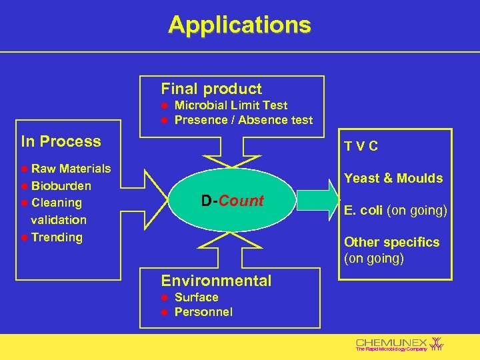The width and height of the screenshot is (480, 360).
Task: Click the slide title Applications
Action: pyautogui.click(x=239, y=25)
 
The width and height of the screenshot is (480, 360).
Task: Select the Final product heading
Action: pyautogui.click(x=211, y=89)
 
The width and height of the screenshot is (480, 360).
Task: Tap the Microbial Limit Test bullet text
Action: pyautogui.click(x=231, y=105)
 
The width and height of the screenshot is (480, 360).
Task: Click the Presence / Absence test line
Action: pyautogui.click(x=243, y=120)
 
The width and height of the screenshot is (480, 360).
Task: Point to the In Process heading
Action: pyautogui.click(x=61, y=141)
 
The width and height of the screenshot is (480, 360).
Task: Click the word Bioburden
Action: pyautogui.click(x=61, y=185)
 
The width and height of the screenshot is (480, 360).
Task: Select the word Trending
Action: pyautogui.click(x=57, y=237)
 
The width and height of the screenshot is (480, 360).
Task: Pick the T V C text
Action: pyautogui.click(x=361, y=147)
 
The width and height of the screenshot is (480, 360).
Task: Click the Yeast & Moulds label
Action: pyautogui.click(x=393, y=178)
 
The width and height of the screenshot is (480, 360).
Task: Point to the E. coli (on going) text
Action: pyautogui.click(x=395, y=211)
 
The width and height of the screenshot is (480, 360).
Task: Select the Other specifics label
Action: pyautogui.click(x=391, y=242)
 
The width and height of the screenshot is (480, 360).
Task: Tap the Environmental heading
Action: pyautogui.click(x=216, y=281)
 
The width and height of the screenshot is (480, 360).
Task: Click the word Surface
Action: pyautogui.click(x=196, y=297)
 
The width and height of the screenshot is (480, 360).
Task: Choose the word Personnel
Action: pyautogui.click(x=203, y=312)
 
